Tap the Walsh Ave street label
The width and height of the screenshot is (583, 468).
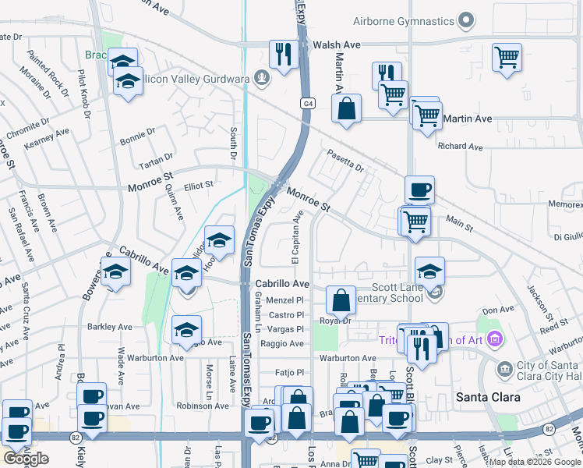pyautogui.click(x=337, y=45)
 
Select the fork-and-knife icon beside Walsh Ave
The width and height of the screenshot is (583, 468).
pyautogui.click(x=281, y=55)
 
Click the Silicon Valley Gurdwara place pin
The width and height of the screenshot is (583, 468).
pyautogui.click(x=263, y=77)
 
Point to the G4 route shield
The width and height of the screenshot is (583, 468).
pyautogui.click(x=309, y=103)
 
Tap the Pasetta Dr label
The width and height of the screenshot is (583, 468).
pyautogui.click(x=345, y=160)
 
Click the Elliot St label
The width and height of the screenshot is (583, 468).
pyautogui.click(x=199, y=186)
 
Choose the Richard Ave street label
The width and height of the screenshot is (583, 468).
pyautogui.click(x=461, y=146)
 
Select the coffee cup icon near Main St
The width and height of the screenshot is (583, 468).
pyautogui.click(x=419, y=190)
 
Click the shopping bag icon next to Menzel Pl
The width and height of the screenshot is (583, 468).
pyautogui.click(x=341, y=300)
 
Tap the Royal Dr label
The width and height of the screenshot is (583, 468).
pyautogui.click(x=336, y=320)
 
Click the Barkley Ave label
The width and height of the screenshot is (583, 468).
pyautogui.click(x=110, y=327)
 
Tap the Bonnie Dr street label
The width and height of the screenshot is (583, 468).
pyautogui.click(x=139, y=140)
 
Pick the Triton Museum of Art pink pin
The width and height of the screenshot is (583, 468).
pyautogui.click(x=493, y=339)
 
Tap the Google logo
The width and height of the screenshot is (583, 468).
pyautogui.click(x=26, y=459)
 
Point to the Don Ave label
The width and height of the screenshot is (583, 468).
pyautogui.click(x=499, y=310)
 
